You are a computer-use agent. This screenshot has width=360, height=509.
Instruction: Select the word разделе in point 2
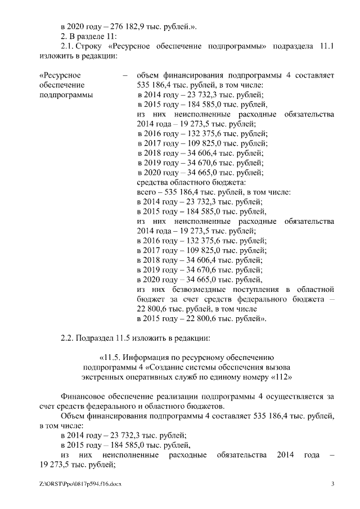pos(90,37)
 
